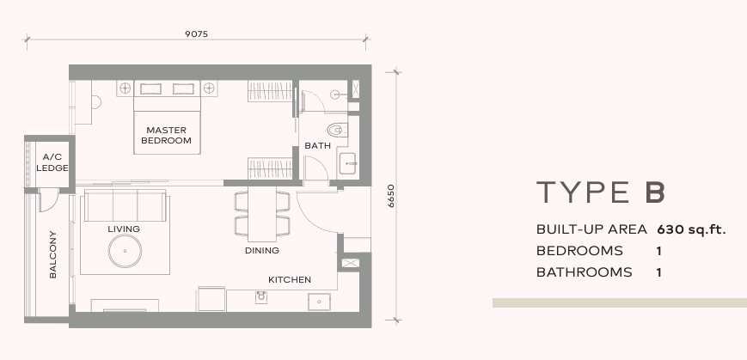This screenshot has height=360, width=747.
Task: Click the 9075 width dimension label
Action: coord(196,34)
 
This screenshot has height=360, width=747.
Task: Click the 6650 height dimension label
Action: coord(391,196)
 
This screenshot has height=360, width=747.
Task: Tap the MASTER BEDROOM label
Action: coord(166,135)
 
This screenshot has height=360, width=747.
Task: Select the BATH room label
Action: coord(318,146)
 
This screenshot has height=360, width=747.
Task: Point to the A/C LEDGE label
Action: coord(52,162)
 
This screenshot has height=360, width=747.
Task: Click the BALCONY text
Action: coord(53,254)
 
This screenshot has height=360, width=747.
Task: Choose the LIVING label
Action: coord(124,229)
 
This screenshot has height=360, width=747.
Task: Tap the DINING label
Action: coord(262,251)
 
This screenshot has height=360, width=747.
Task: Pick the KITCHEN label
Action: coord(290,279)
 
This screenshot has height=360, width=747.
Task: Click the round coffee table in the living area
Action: coord(125,251)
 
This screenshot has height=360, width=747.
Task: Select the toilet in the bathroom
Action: coord(337,130)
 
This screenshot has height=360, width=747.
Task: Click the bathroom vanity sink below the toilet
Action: coord(349,164)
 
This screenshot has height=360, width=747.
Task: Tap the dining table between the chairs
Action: coord(262,214)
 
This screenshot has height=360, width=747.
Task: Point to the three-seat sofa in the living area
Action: coord(126,205)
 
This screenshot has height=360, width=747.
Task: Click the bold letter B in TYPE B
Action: coord(655,192)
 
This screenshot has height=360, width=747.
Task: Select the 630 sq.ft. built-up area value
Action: coord(691,229)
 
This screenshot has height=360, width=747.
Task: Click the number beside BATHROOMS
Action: coord(659,272)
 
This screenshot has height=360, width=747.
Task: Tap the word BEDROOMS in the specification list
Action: coord(579,251)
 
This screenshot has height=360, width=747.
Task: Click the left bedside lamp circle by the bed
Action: coord(125,88)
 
